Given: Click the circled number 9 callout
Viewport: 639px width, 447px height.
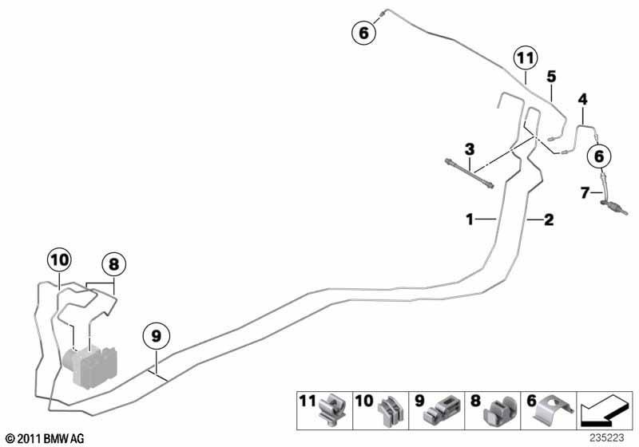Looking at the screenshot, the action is (x=156, y=336).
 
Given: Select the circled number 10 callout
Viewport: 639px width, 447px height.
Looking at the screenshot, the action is (x=59, y=260).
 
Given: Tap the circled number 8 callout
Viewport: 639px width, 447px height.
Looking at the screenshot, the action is (x=113, y=265).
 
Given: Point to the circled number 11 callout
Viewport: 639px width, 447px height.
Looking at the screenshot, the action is (x=526, y=58).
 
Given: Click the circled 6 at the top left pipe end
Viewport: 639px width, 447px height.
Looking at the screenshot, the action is (x=364, y=32).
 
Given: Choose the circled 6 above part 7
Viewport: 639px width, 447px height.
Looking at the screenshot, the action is (x=598, y=156).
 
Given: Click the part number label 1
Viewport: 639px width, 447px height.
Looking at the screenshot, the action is (x=470, y=220).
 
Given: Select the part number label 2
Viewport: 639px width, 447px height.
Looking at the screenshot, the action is (x=549, y=220).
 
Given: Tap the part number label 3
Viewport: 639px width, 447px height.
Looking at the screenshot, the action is (x=470, y=149).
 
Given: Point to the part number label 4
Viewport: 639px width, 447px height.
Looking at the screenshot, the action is (x=583, y=99).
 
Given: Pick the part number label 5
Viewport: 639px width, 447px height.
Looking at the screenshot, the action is (x=551, y=76).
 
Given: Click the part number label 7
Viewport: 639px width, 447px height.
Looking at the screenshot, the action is (x=585, y=192).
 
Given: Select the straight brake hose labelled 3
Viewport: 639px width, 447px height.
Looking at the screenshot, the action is (x=470, y=173).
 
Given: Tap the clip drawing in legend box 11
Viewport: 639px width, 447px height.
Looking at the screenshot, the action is (x=332, y=409).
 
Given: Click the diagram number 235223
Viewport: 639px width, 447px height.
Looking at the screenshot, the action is (x=606, y=437).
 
